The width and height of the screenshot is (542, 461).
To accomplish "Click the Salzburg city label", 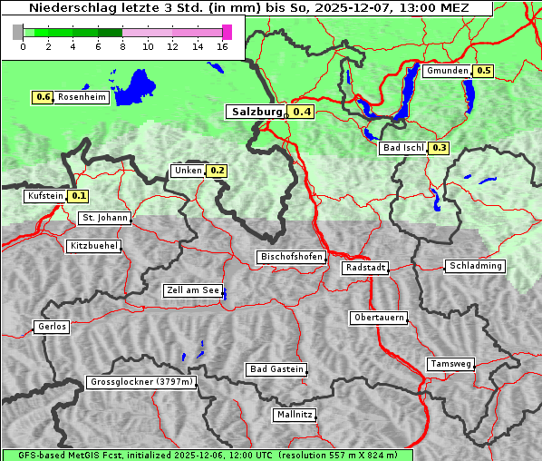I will click(x=256, y=112).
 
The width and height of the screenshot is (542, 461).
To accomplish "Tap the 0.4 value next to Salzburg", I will click(x=302, y=112).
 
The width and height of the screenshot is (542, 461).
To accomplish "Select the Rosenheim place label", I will click(x=82, y=97).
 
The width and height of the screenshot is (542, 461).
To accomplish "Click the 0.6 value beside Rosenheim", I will click(x=43, y=97).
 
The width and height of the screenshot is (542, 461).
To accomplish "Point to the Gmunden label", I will click(x=447, y=71).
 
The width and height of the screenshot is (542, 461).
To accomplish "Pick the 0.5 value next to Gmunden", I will click(x=483, y=71).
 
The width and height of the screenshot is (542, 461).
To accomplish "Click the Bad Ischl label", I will click(x=402, y=148).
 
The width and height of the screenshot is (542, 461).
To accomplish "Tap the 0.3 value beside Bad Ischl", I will click(x=439, y=148).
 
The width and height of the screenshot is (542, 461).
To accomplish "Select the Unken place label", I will click(x=188, y=171).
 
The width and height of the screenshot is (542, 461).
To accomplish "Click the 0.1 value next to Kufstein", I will click(x=78, y=196).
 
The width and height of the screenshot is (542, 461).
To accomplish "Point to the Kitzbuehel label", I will click(x=93, y=246).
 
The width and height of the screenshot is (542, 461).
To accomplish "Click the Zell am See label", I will click(x=193, y=290).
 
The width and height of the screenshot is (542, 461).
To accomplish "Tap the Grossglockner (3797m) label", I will click(x=141, y=383).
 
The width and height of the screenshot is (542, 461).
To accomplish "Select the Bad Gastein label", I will click(x=276, y=369).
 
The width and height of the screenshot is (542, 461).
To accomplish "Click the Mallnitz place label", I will click(x=295, y=415).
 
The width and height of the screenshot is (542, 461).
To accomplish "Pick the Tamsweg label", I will click(x=450, y=364).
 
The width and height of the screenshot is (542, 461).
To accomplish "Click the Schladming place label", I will click(x=475, y=266).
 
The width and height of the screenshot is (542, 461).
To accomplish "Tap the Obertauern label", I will click(x=379, y=318).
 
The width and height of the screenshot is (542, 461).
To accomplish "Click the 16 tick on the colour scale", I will click(x=223, y=46).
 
